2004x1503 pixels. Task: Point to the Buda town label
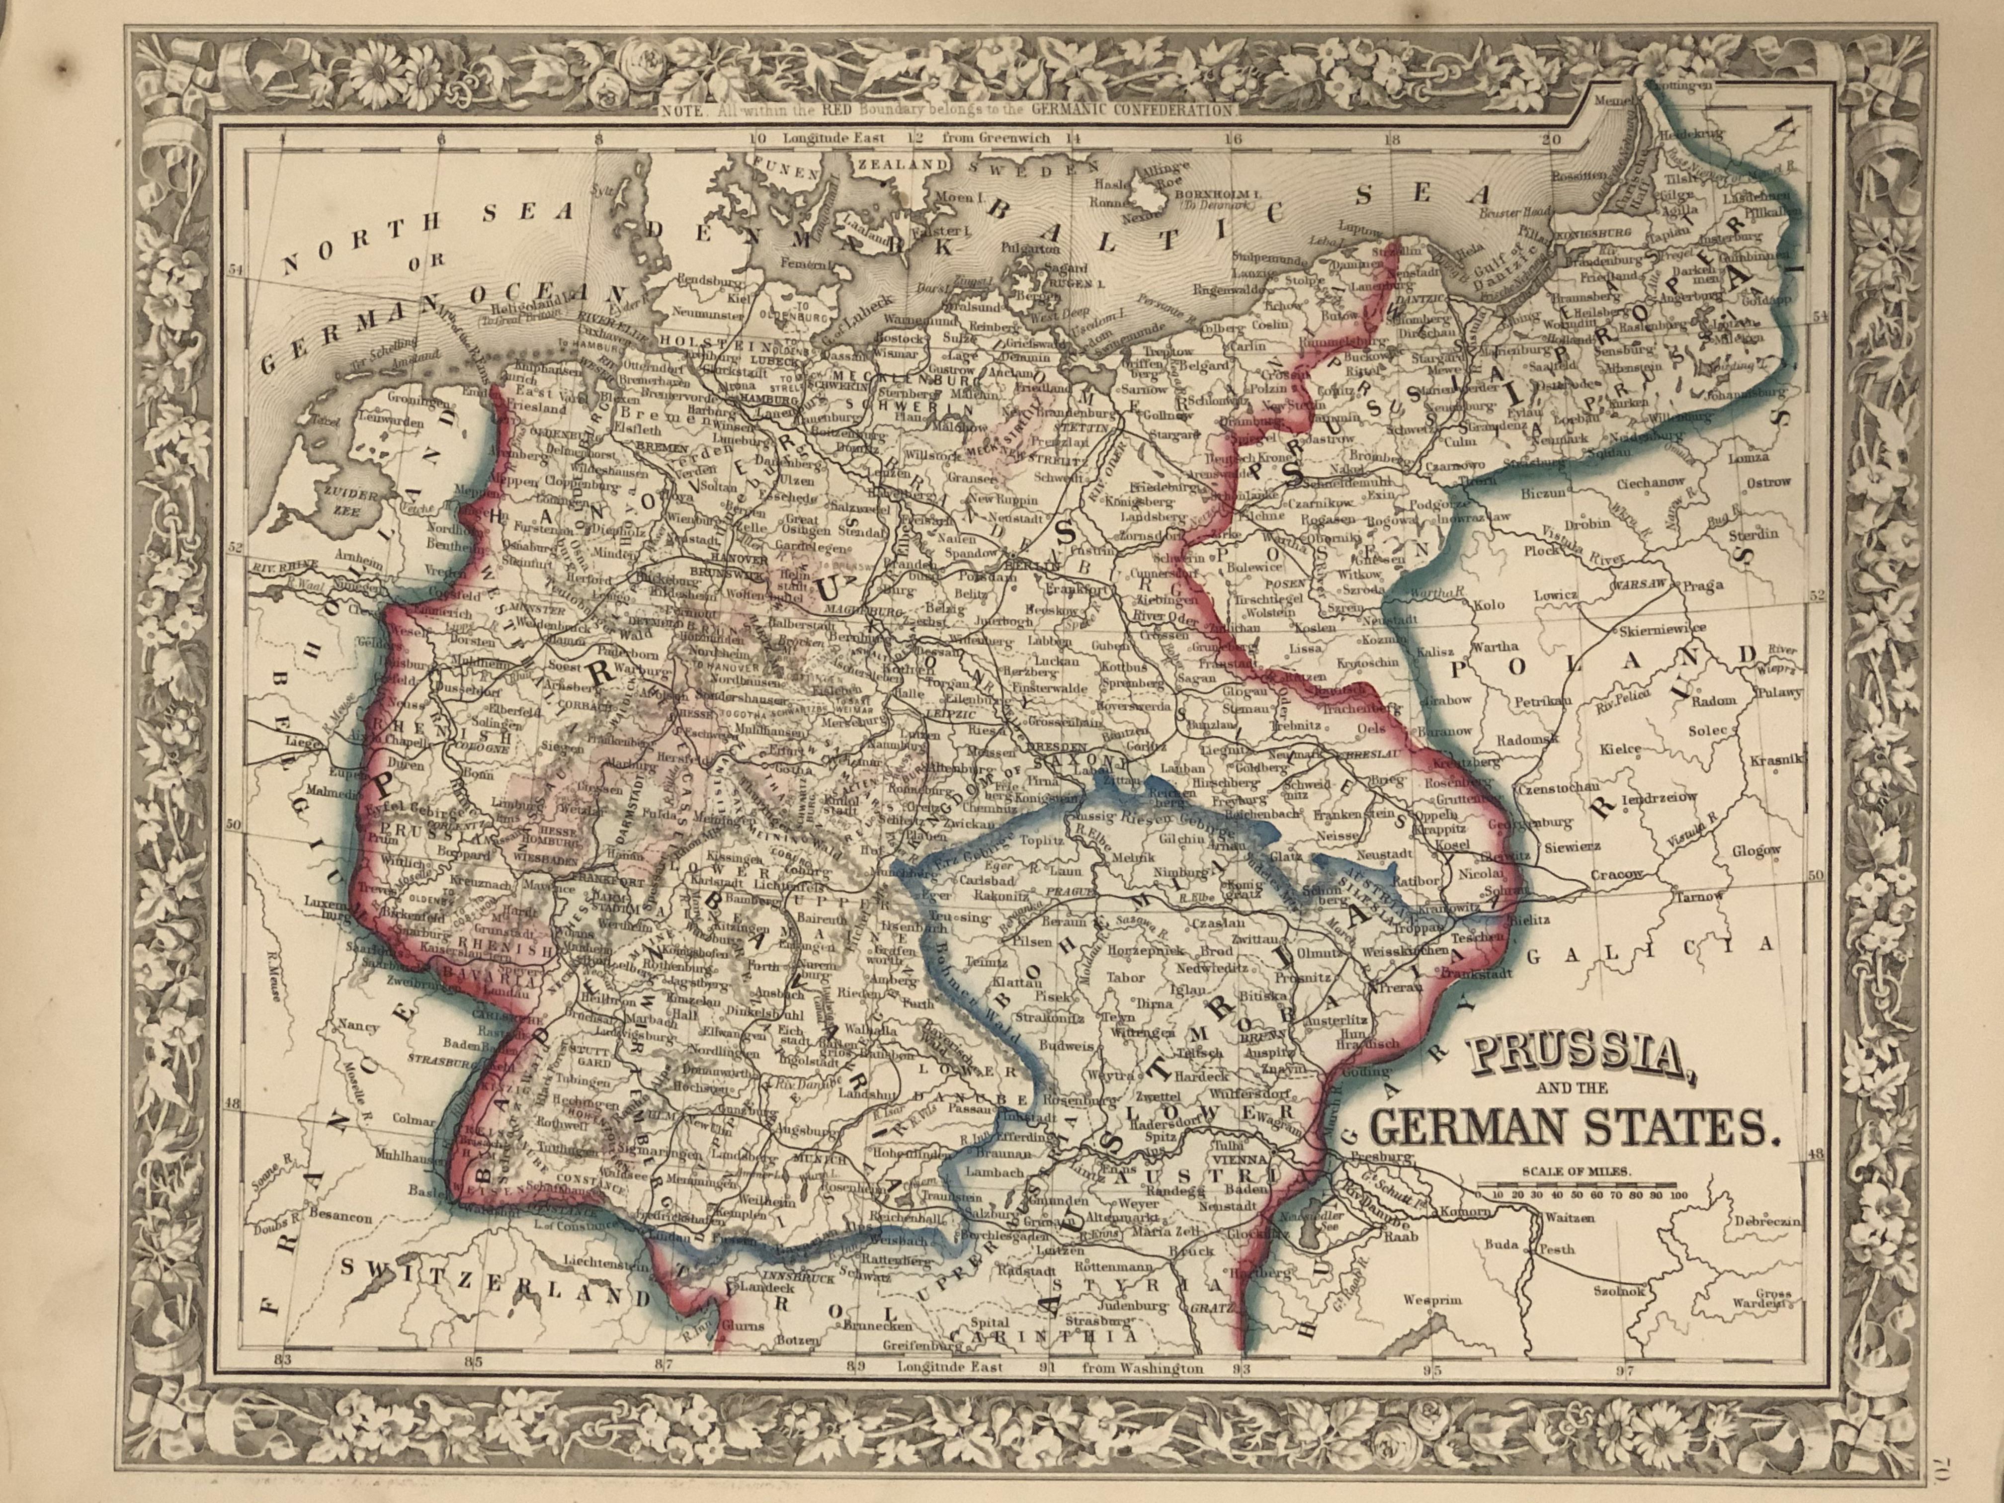(1501, 1245)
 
